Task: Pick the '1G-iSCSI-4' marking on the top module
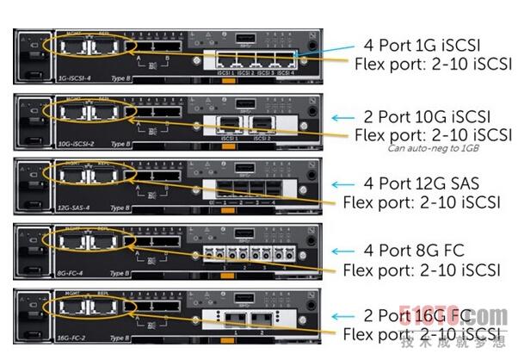[x=75, y=78]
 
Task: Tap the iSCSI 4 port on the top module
[x=287, y=59]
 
